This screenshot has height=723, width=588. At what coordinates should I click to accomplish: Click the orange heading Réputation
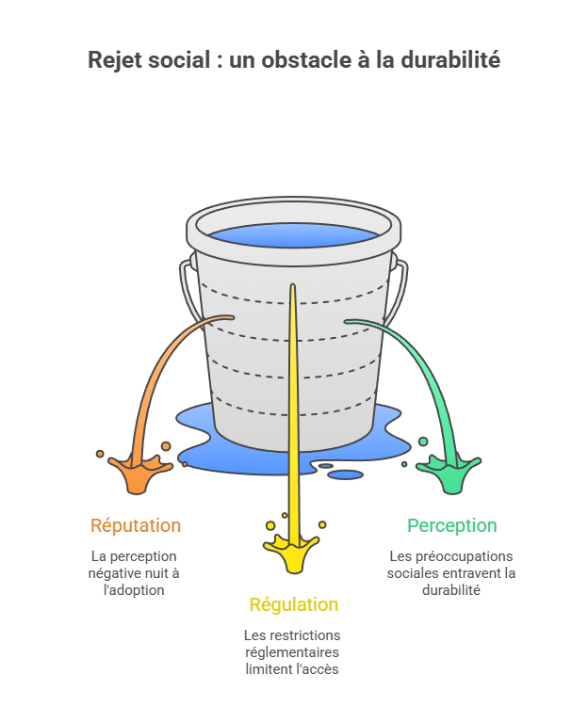pos(136,525)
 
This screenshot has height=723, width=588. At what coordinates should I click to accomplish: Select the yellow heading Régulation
pos(293,604)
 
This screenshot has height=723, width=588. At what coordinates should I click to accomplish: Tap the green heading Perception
pos(451,525)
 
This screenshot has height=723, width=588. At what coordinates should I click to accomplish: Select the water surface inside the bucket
pos(293,235)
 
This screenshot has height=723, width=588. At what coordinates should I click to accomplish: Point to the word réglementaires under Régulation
pos(292,652)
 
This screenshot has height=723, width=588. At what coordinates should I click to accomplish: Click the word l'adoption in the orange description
pos(135,590)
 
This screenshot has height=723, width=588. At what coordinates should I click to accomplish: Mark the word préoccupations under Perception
pos(463,556)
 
